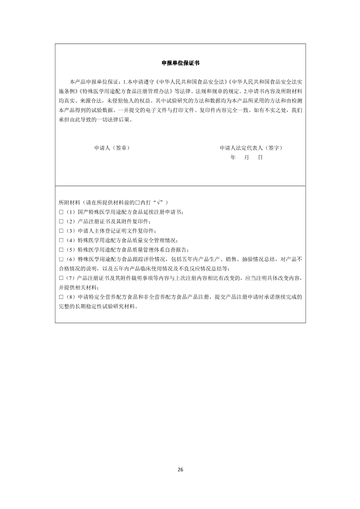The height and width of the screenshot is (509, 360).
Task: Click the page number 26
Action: click(180, 470)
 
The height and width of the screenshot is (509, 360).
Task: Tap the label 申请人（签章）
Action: click(112, 148)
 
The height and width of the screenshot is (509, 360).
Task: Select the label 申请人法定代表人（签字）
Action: click(253, 148)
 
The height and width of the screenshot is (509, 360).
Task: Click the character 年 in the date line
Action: click(233, 157)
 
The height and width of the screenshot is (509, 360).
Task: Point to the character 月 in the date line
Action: click(247, 157)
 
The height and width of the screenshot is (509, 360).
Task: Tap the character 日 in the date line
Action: click(260, 157)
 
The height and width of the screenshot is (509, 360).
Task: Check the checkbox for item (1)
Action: click(61, 212)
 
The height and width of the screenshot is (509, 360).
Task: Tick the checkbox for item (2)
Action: click(61, 221)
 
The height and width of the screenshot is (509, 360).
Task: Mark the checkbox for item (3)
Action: click(61, 231)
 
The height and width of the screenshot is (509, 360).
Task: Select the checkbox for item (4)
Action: click(61, 240)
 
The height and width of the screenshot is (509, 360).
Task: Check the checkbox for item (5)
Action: click(61, 250)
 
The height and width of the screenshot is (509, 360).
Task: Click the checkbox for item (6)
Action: click(61, 259)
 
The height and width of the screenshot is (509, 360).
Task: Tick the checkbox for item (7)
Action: click(61, 278)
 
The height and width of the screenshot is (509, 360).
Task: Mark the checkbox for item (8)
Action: click(61, 297)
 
